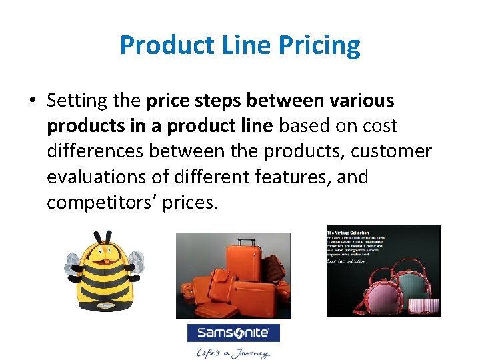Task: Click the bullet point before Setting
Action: point(32,101)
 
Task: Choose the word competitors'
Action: point(101,203)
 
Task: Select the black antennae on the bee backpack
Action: point(103,237)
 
